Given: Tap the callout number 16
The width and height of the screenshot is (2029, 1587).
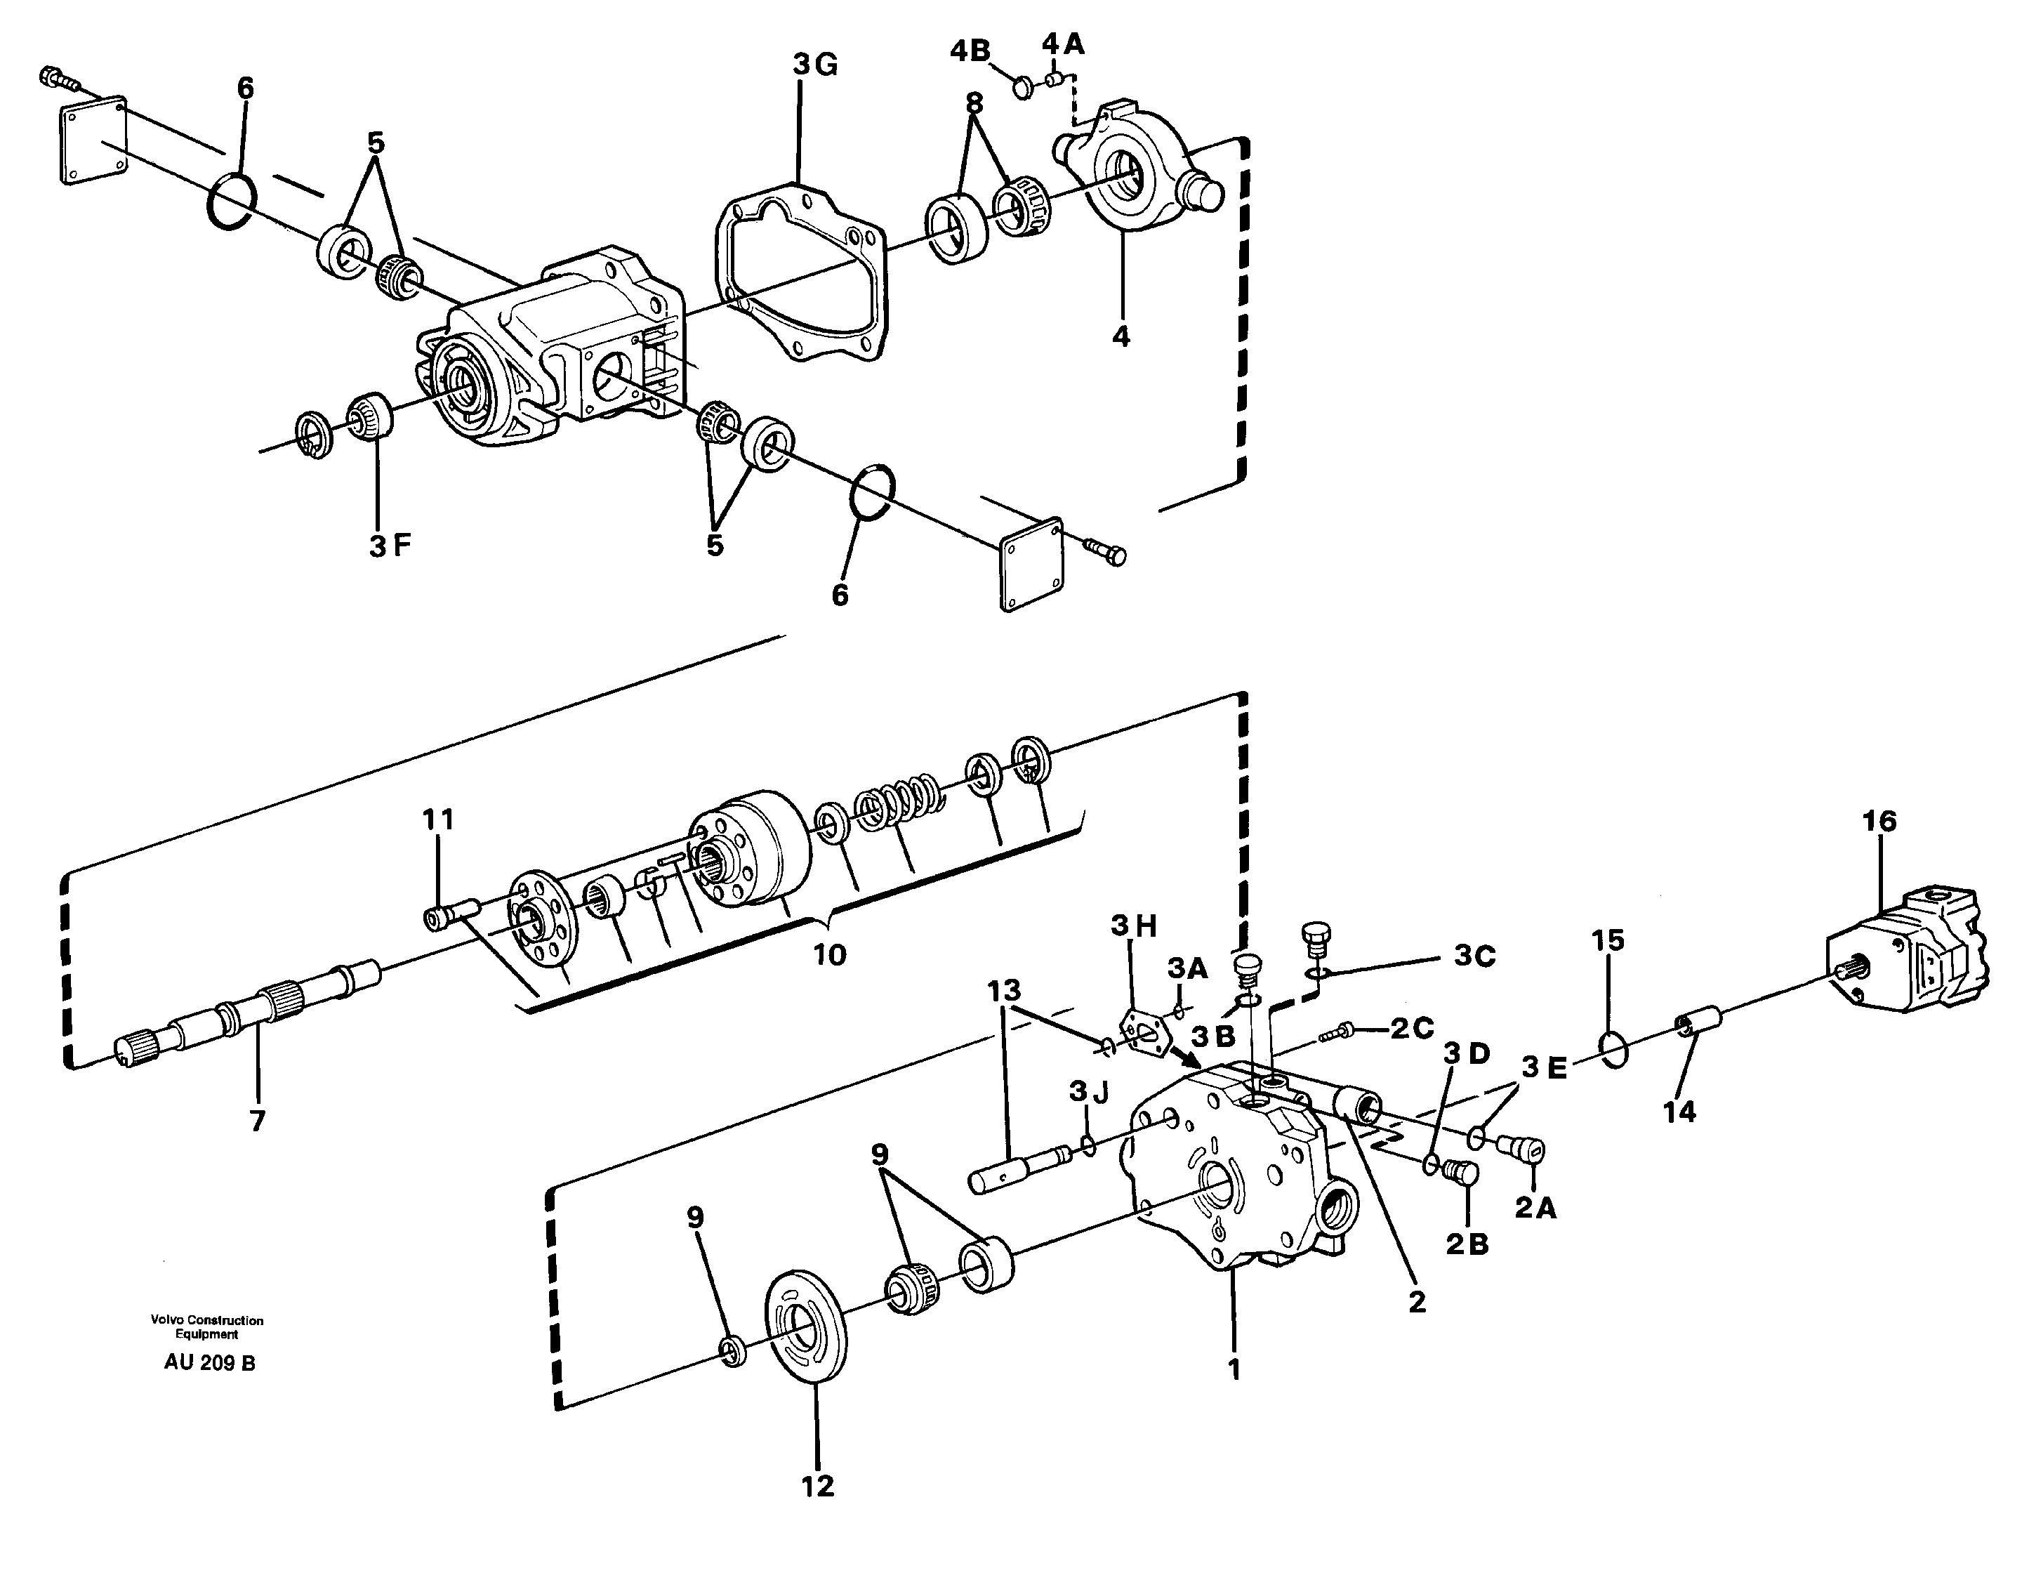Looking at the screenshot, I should [x=1879, y=822].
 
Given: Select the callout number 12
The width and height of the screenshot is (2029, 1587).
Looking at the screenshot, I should [x=817, y=1487].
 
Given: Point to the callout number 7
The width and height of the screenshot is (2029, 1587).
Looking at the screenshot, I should [x=258, y=1121].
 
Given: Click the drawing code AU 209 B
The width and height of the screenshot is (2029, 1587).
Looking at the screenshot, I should [x=209, y=1363].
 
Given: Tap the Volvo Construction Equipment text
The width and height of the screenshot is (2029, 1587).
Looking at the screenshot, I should [x=207, y=1327].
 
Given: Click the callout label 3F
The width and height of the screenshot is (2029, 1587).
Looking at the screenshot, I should [x=389, y=546].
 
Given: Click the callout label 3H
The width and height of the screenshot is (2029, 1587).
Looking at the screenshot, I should [x=1133, y=926].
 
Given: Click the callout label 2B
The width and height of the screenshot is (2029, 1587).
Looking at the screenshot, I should [x=1467, y=1245].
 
